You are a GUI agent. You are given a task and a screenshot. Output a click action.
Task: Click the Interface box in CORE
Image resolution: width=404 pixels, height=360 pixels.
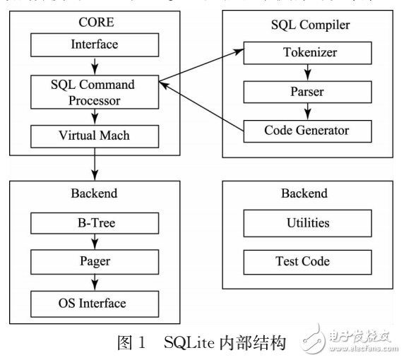point(95,45)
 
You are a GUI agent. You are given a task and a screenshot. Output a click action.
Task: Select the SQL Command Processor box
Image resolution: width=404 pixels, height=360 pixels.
point(95,92)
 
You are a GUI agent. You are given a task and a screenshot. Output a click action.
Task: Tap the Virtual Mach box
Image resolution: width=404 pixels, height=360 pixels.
point(95,136)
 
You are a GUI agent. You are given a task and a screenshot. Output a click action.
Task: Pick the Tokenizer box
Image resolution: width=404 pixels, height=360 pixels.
point(307,52)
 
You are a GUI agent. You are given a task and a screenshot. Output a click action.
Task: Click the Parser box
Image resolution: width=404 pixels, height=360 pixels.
point(307,92)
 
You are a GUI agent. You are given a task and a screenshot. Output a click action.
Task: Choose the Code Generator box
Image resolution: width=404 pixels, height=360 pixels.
point(307,131)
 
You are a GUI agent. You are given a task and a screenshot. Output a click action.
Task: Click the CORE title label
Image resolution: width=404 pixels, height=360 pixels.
point(95,23)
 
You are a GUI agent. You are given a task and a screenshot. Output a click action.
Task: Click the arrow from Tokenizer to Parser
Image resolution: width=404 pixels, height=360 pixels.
point(307,72)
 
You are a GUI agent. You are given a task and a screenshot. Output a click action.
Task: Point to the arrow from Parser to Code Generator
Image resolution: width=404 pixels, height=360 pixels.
point(307,112)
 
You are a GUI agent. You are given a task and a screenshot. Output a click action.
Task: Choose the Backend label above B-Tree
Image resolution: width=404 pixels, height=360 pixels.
point(95,193)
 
